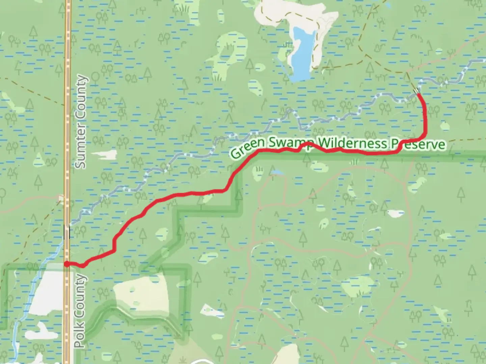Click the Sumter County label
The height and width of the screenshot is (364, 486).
click(81, 122)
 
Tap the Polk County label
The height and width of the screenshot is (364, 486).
click(80, 311)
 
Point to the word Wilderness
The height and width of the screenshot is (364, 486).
click(352, 143)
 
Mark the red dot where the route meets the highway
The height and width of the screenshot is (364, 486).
click(67, 264)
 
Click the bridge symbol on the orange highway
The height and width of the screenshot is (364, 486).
click(67, 232)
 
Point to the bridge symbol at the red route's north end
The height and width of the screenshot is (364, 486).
click(417, 90)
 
